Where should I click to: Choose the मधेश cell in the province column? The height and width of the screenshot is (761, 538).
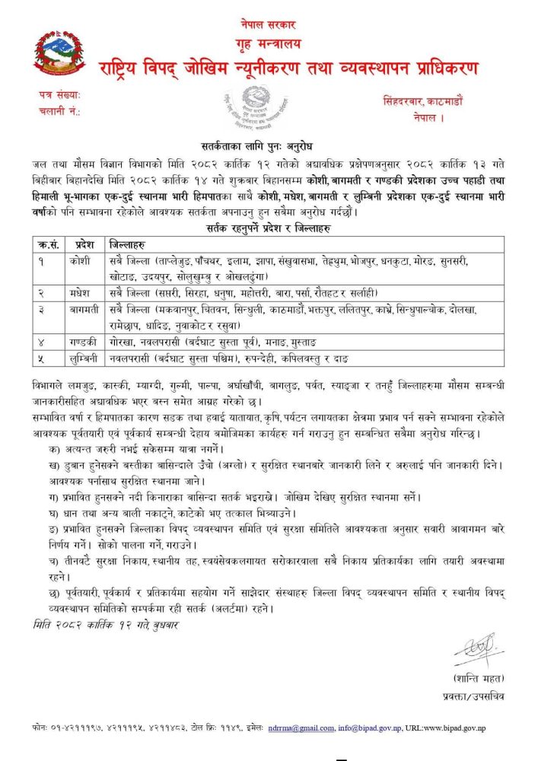pyautogui.click(x=84, y=293)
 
